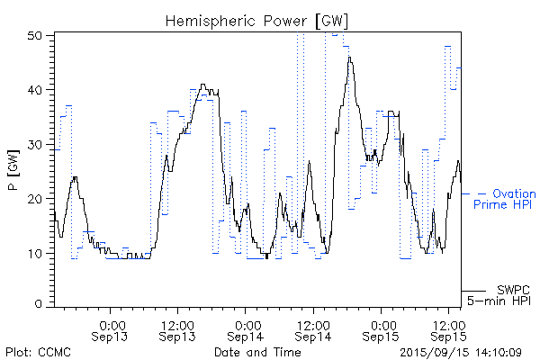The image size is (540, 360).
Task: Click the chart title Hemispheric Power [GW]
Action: pos(257,19)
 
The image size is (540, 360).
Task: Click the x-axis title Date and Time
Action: pos(257,352)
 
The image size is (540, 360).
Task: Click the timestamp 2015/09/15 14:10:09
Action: pos(461,352)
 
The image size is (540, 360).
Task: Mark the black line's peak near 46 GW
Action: pos(349,58)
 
